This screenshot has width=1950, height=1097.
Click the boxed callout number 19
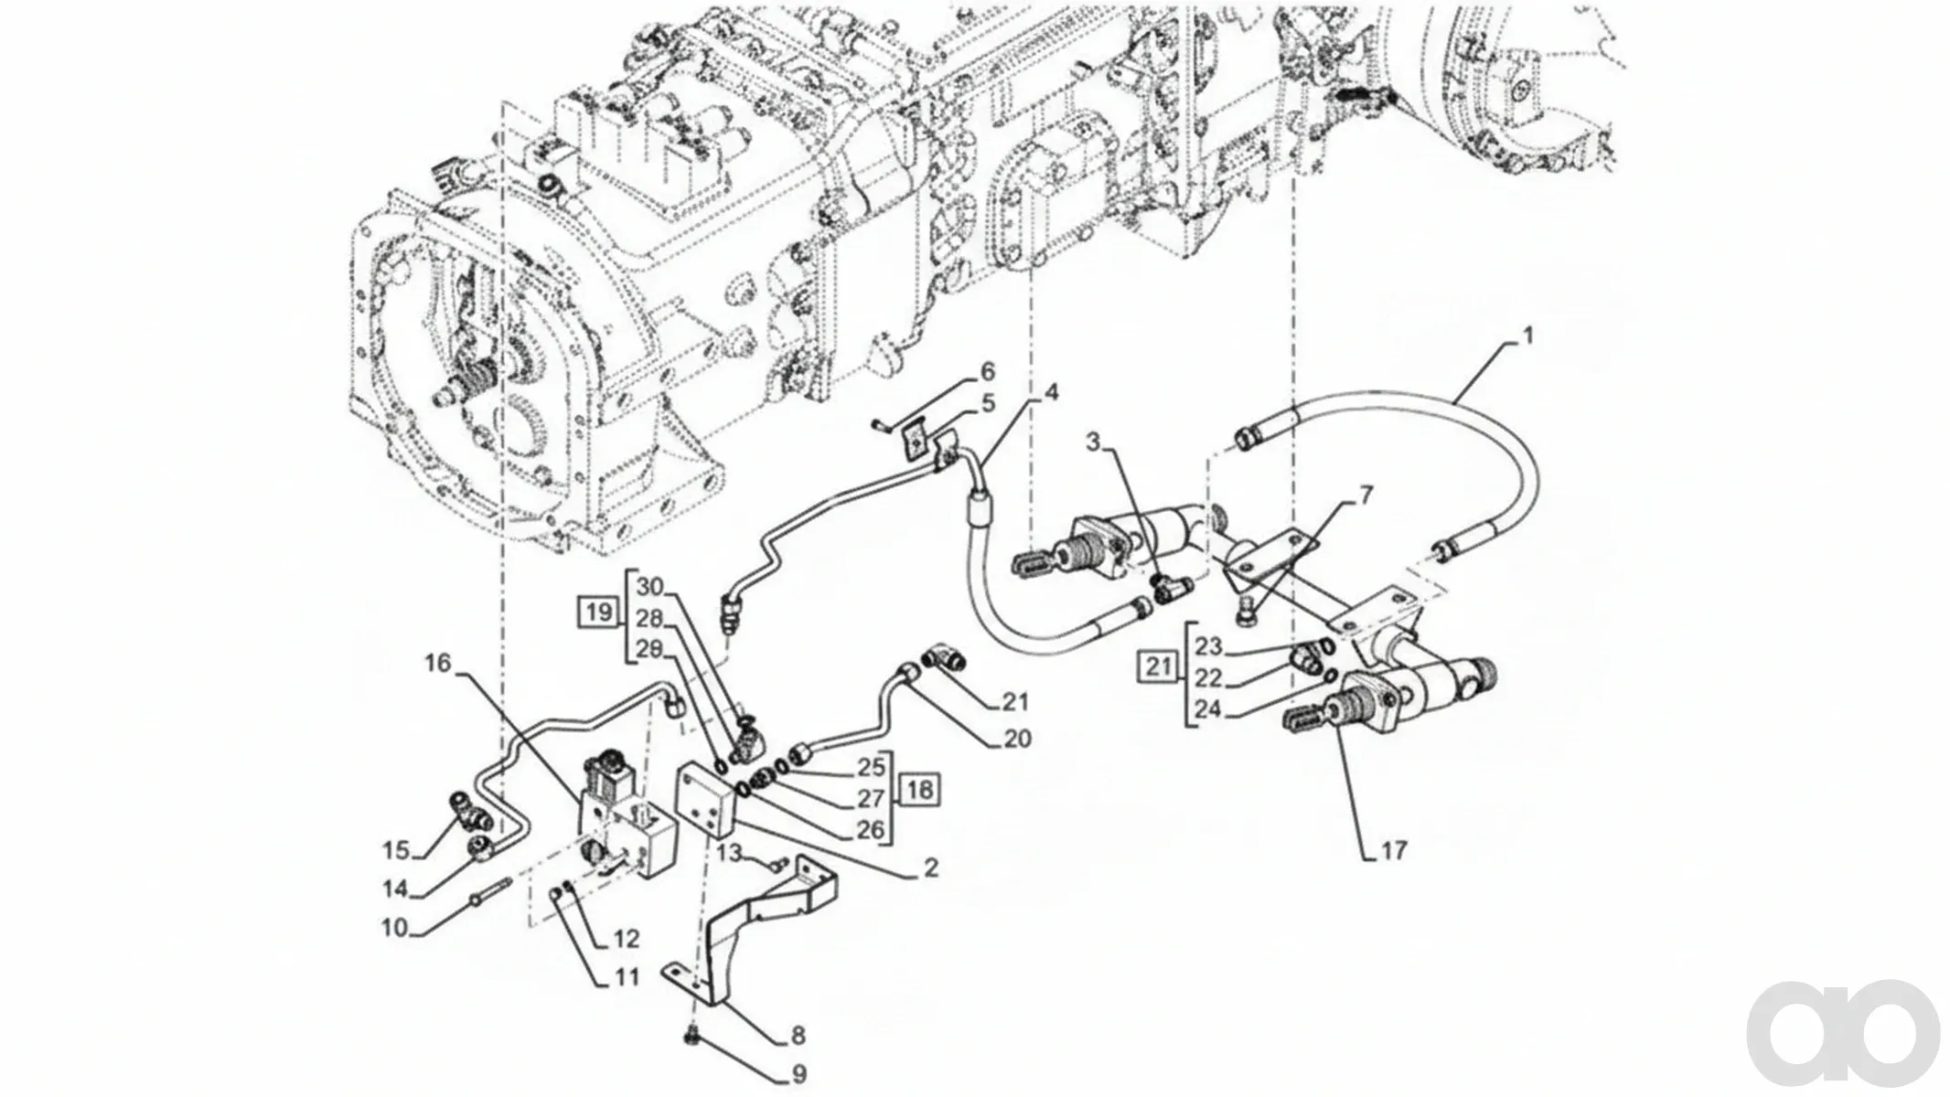coord(599,612)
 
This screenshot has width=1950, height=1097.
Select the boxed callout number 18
coord(920,789)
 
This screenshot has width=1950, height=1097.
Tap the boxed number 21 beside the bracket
coord(1159,666)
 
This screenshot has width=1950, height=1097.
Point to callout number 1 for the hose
coord(1527,336)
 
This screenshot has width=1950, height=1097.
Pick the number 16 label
coord(438,664)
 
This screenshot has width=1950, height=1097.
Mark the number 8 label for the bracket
coord(798,1037)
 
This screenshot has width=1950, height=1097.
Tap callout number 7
coord(1366,496)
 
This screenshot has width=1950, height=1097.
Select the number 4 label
coord(1052,393)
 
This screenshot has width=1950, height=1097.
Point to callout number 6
coord(987,372)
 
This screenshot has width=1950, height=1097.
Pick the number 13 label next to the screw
coord(729,854)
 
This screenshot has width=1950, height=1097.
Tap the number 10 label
coord(394,929)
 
